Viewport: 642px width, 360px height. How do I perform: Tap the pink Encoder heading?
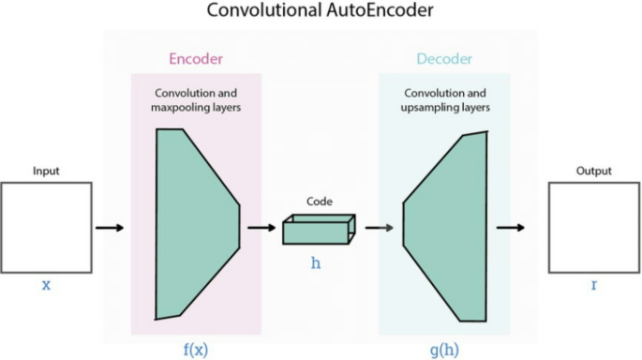[196, 58]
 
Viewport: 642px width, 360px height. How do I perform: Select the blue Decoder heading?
[444, 58]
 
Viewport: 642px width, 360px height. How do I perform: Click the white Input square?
[45, 227]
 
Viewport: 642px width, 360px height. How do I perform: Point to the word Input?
[46, 172]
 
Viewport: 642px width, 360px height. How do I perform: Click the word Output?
[593, 172]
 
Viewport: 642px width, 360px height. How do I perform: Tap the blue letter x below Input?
[45, 284]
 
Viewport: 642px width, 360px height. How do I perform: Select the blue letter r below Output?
[593, 284]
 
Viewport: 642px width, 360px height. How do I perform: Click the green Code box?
[318, 229]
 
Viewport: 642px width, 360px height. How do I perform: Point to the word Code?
[320, 201]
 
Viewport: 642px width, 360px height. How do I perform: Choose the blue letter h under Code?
[317, 263]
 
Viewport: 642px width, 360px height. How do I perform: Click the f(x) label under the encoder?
[196, 350]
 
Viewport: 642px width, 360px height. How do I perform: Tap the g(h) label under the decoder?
[445, 350]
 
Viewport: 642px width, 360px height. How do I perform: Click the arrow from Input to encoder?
[110, 227]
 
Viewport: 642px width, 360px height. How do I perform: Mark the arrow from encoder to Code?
[260, 227]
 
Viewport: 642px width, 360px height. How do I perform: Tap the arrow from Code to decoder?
[379, 227]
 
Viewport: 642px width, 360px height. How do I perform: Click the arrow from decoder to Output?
[510, 227]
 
